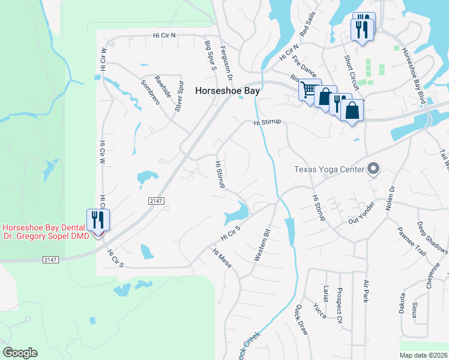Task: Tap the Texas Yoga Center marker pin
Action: pyautogui.click(x=374, y=169)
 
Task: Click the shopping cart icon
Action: pyautogui.click(x=309, y=90)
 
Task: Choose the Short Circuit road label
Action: pyautogui.click(x=351, y=73)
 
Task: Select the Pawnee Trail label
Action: pyautogui.click(x=412, y=241)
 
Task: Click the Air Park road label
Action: pyautogui.click(x=365, y=291)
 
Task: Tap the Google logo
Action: pyautogui.click(x=20, y=353)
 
